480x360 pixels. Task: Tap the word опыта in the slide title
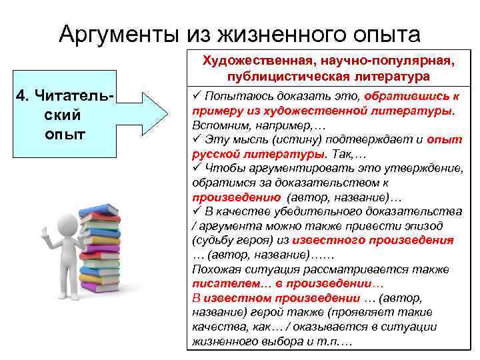(381, 34)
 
